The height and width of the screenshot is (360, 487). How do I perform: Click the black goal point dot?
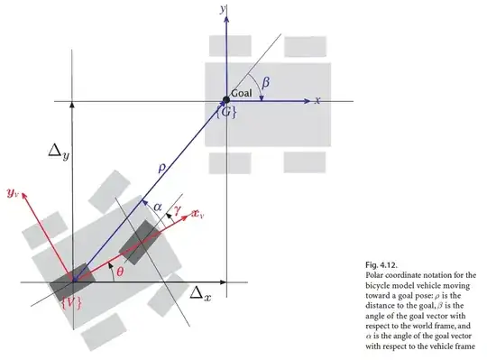coord(225,100)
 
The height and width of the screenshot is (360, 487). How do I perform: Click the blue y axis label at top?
coord(221,8)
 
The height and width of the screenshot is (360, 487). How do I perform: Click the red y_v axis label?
coord(14,192)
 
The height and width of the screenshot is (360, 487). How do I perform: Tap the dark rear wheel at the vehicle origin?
coord(72,282)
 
